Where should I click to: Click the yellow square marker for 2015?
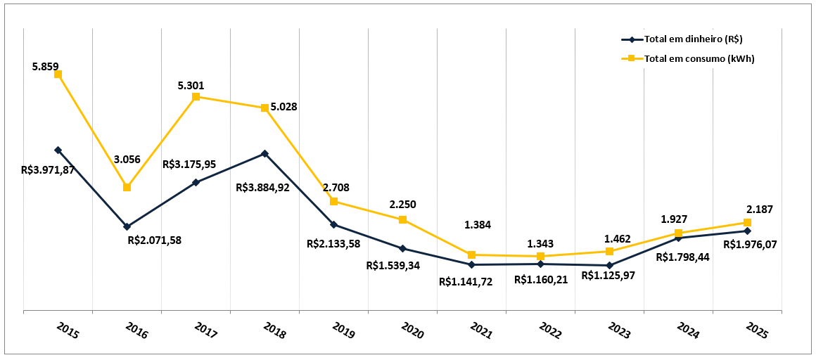[58, 74]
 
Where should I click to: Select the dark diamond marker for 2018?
[264, 153]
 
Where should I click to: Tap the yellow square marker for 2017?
[196, 96]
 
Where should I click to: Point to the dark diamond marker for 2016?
[127, 226]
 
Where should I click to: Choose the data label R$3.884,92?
[263, 188]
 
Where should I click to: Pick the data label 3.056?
[127, 160]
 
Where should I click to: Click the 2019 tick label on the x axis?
[343, 330]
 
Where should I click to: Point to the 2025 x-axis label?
[756, 330]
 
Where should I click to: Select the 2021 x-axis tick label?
[480, 330]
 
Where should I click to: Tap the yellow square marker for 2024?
[678, 233]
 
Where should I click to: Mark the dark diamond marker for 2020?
[402, 248]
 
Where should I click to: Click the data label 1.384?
[478, 225]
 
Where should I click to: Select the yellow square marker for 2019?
[333, 201]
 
